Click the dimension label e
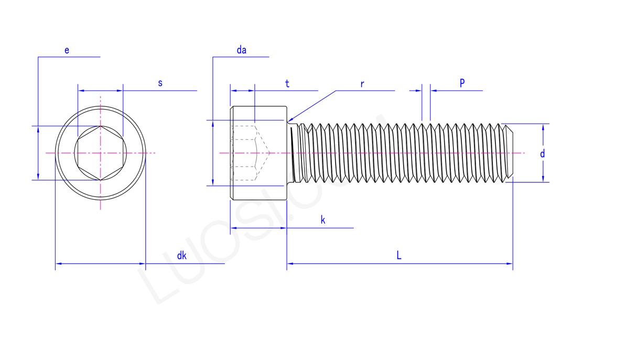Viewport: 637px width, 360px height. [x=67, y=50]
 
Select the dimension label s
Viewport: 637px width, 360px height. [x=160, y=83]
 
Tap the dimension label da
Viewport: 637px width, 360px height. [x=241, y=50]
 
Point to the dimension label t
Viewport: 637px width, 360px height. [x=287, y=84]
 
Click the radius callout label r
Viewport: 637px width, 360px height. [x=362, y=84]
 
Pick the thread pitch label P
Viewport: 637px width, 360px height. [x=462, y=83]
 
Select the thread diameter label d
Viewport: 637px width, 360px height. [x=543, y=154]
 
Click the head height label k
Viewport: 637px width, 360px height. [x=323, y=220]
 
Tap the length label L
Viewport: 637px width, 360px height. [x=398, y=256]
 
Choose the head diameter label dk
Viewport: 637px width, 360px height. [x=181, y=256]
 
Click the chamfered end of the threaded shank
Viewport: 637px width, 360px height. [x=512, y=153]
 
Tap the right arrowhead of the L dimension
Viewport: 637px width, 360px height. [x=509, y=264]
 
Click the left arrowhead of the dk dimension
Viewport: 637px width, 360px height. [x=59, y=264]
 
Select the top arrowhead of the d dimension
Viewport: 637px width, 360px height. [x=543, y=127]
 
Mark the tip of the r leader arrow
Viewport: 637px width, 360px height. [x=289, y=122]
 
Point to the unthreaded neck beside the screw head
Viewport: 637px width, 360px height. [x=294, y=153]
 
